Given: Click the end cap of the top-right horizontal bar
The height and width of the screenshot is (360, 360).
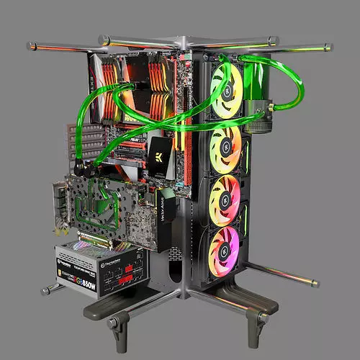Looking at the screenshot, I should tap(329, 47).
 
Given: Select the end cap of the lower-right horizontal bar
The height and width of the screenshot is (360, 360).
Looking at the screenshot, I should tap(315, 283).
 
